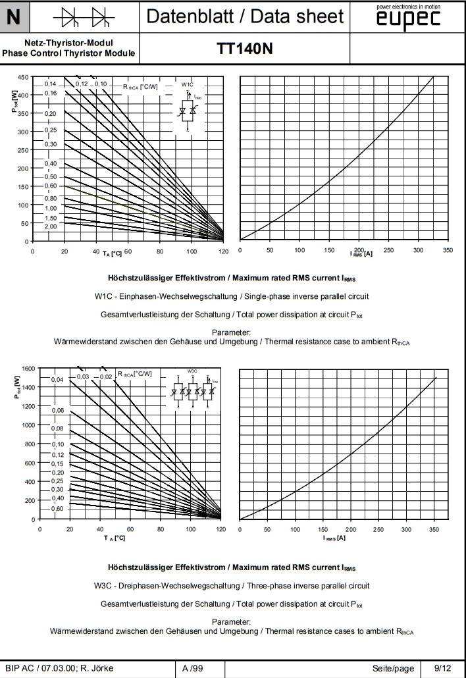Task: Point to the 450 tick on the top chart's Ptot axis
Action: [22, 77]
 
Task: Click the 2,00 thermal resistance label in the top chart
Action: [51, 226]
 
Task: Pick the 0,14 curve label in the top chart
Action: [51, 84]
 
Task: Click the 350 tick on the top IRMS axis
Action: [448, 251]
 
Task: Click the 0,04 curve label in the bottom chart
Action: [57, 380]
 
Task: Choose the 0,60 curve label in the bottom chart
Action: [57, 508]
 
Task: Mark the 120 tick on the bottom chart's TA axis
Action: [220, 529]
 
